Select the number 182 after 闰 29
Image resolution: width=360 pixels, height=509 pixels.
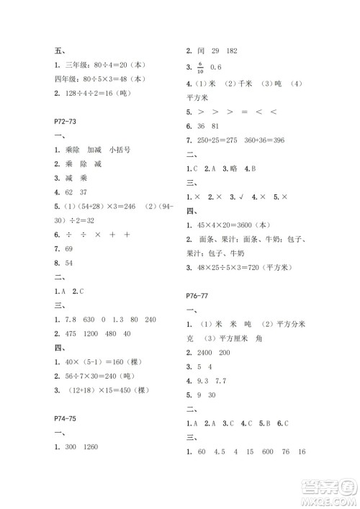231,52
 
